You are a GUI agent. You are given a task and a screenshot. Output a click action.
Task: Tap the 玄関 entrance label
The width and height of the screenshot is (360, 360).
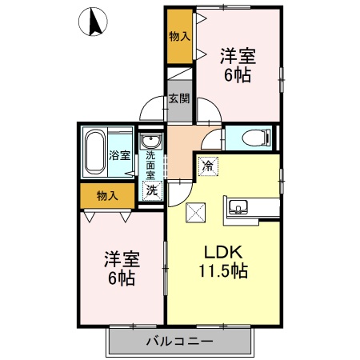coord(179,99)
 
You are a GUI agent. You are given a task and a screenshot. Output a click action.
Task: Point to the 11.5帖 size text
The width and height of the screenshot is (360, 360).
coord(223,270)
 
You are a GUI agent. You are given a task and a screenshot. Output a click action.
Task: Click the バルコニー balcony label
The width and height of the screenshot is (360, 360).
coord(179,342)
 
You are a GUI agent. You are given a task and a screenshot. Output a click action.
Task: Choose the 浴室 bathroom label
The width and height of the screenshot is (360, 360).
coord(119,155)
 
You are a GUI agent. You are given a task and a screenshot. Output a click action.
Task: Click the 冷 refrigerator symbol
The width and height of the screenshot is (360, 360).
coord(207,166)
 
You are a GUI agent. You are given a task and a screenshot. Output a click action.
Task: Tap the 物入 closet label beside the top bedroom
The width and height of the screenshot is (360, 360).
coord(179,36)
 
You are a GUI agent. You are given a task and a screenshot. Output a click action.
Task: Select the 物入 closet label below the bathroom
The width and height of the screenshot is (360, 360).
coord(106,195)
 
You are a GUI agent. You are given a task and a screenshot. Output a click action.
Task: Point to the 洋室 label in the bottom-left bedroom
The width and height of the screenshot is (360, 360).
coord(122,259)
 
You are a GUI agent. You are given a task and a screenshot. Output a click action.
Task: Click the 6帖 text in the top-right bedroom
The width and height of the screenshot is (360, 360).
coord(238,76)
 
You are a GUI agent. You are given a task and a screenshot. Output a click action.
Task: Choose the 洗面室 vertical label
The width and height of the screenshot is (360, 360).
coord(150,165)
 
